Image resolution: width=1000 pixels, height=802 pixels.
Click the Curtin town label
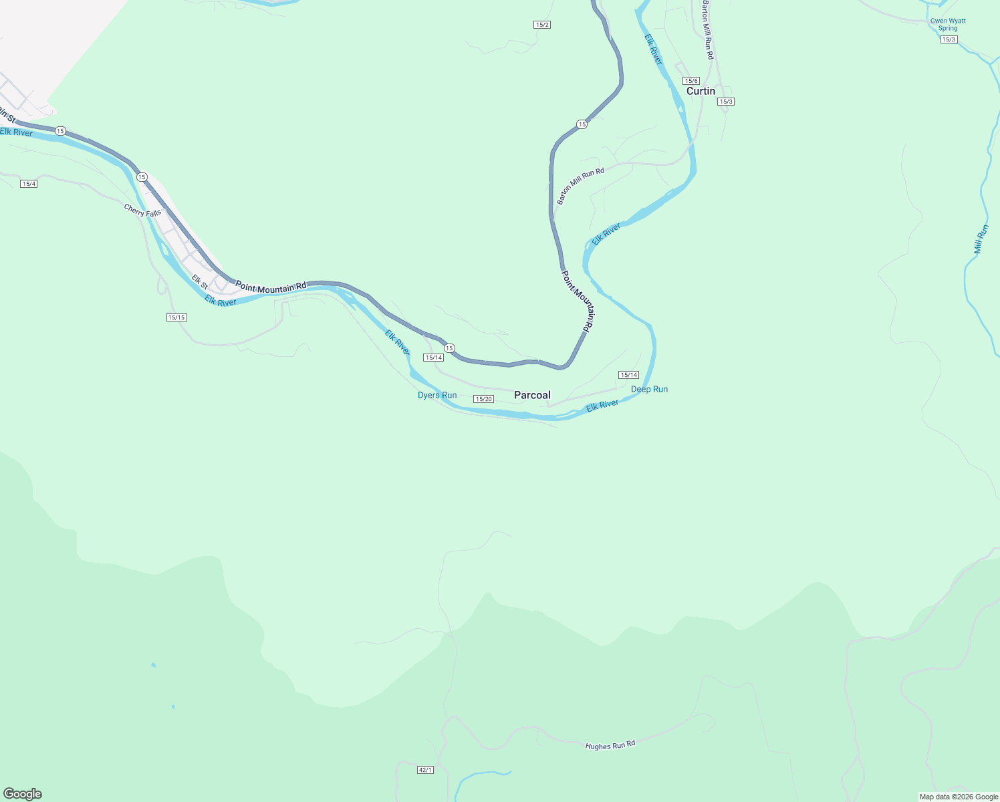pos(701,91)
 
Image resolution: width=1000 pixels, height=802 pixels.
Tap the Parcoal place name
pos(532,395)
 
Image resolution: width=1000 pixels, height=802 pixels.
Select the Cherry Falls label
pos(142,211)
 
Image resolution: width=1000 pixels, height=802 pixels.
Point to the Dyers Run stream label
pos(437,395)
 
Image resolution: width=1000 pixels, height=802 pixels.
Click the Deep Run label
pos(649,389)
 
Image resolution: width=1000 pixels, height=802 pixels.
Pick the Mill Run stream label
pos(981,239)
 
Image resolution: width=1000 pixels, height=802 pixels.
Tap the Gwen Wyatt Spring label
pos(948,24)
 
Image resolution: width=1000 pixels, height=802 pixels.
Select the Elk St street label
pos(199,282)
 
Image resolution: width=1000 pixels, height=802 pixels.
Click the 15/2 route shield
pos(542,25)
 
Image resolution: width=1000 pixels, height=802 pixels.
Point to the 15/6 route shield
pos(691,81)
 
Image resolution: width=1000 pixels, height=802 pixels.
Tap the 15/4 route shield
pos(29,184)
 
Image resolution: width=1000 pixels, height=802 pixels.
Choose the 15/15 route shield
pos(176,317)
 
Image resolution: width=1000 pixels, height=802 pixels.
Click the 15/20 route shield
pos(483,399)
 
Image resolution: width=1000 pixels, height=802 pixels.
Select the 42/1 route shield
pos(425,770)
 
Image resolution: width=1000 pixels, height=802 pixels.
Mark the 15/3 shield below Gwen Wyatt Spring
pos(949,39)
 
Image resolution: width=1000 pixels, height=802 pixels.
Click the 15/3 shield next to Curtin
pos(726,102)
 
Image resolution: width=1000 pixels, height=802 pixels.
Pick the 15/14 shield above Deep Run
pos(628,375)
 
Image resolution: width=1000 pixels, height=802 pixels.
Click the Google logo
pos(23,794)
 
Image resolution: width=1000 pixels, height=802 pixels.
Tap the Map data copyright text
pos(959,797)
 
